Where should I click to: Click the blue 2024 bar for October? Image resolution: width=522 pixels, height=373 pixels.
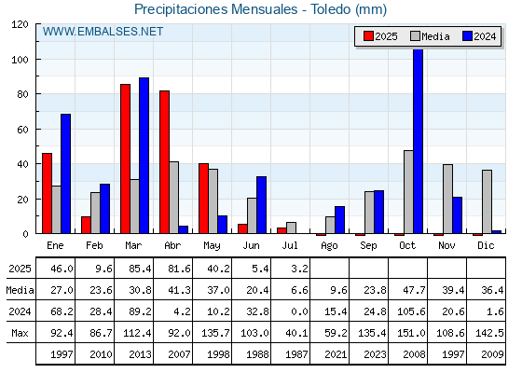point(419,141)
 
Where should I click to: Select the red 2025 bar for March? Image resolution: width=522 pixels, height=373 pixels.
point(125,159)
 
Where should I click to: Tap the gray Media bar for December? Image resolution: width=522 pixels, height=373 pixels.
point(487,201)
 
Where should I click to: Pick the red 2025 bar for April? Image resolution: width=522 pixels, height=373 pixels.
point(164,162)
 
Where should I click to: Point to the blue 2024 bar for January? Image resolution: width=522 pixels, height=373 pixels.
point(65,173)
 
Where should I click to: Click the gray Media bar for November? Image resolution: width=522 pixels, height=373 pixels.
point(447,200)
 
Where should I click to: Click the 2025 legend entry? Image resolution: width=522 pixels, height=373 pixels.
point(380,36)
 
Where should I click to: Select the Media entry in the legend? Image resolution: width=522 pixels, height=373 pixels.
point(430,36)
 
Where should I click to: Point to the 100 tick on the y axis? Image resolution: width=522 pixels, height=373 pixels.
point(20,60)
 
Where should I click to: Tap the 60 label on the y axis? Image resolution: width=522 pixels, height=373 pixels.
point(22,130)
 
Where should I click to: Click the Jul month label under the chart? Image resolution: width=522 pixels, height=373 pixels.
point(290,246)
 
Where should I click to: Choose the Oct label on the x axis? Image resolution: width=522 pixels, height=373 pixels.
point(407,246)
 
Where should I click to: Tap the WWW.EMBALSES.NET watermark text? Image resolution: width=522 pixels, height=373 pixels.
point(103,32)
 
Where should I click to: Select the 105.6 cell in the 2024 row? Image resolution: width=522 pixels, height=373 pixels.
point(411,311)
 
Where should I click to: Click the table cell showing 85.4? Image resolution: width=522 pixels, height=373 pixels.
point(140,269)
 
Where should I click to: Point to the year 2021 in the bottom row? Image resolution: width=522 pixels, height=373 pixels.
point(336,354)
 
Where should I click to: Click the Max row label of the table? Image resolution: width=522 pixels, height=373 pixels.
point(20,333)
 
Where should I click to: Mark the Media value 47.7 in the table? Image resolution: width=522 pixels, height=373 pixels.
point(414,290)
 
